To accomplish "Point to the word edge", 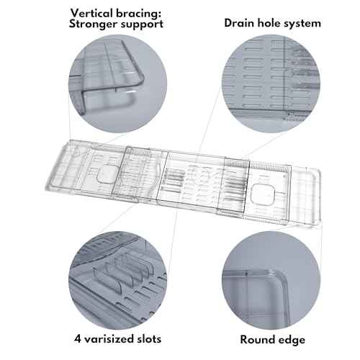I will (290, 339).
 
